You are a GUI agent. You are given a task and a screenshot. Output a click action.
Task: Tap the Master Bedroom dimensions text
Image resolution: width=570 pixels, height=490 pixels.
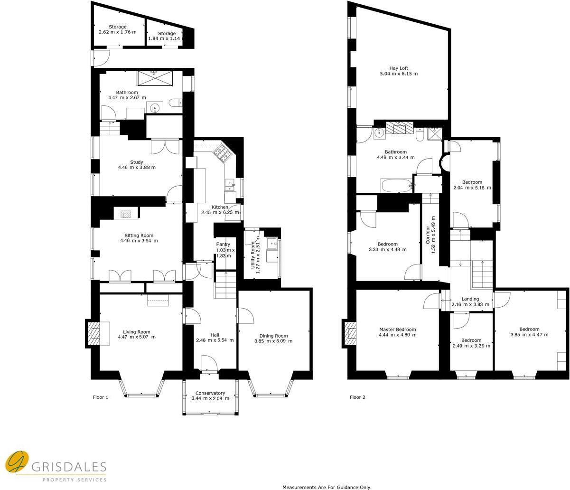(397, 335)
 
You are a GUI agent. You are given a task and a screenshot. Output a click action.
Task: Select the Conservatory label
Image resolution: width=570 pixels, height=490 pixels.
(210, 393)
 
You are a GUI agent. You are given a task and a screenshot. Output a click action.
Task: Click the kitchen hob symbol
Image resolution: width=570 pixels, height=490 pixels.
(222, 152)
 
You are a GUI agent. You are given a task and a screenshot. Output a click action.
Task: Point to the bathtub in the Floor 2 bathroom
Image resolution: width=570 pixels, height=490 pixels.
(396, 186)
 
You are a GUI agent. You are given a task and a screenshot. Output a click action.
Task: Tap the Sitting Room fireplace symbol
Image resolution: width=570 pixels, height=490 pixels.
(126, 215)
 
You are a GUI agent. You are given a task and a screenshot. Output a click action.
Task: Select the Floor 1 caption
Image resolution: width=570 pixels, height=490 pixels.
(100, 397)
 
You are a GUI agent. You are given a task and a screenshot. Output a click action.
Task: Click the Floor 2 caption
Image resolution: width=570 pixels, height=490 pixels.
(357, 397)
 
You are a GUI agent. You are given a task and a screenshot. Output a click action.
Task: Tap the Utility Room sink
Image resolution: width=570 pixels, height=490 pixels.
(272, 245)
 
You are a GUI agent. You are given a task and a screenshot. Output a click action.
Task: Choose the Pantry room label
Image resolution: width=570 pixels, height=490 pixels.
(223, 245)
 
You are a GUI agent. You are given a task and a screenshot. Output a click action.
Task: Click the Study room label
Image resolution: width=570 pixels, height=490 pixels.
(137, 162)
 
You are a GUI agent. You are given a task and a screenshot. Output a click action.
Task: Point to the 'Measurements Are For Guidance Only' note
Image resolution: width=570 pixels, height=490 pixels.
(327, 487)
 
